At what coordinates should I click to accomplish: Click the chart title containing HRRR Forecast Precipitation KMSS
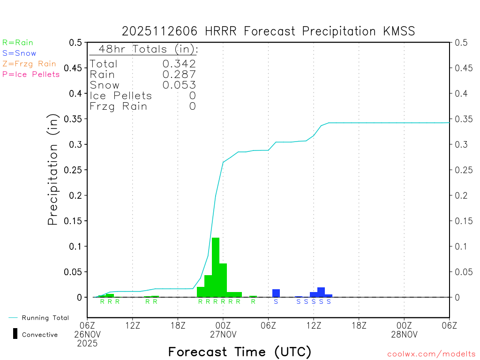click(x=268, y=31)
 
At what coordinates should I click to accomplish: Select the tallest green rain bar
click(x=216, y=267)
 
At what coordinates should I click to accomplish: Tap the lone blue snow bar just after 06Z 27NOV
click(x=276, y=293)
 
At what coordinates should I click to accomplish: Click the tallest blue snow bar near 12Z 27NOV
click(x=321, y=292)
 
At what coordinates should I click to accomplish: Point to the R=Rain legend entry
click(x=18, y=43)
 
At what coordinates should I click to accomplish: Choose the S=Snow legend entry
click(x=19, y=53)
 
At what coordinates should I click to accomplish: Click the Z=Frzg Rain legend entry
click(x=29, y=64)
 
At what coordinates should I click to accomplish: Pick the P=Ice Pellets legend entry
click(x=31, y=74)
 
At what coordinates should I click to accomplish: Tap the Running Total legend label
click(x=45, y=318)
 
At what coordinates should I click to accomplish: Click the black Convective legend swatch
click(x=15, y=334)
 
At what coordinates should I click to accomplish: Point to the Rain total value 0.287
click(x=179, y=75)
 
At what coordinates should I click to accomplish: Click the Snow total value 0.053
click(x=179, y=85)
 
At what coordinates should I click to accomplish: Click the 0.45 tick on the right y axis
click(x=462, y=68)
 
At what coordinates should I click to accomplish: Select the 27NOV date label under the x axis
click(x=223, y=335)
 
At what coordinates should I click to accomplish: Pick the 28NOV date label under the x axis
click(x=404, y=335)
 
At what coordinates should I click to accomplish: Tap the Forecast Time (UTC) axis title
click(x=240, y=352)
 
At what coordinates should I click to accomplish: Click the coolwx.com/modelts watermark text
click(x=431, y=354)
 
